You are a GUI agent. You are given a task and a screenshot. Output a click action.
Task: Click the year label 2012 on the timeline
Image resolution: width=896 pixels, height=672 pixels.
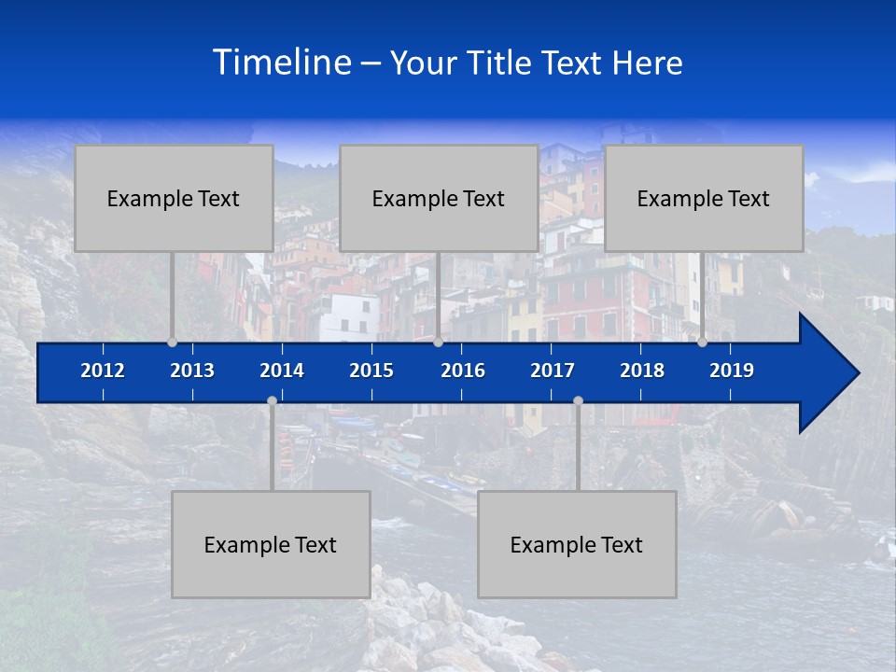[x=103, y=371]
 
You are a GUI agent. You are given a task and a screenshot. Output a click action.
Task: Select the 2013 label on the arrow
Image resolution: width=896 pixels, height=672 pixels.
[x=192, y=371]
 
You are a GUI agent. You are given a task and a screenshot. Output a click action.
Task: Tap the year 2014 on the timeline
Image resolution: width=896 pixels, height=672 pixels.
[x=282, y=371]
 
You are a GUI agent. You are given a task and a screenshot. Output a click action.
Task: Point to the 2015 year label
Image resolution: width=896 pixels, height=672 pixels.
[x=371, y=371]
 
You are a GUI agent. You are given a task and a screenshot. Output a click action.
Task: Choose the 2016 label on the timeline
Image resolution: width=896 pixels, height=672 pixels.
[x=463, y=371]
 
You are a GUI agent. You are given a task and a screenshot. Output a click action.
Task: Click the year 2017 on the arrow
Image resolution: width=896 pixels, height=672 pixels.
[x=553, y=371]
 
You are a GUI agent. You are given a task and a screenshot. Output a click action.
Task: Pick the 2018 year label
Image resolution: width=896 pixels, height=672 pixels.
[x=642, y=371]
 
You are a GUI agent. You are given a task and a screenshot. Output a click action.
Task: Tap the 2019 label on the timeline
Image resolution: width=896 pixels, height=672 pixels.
[x=732, y=371]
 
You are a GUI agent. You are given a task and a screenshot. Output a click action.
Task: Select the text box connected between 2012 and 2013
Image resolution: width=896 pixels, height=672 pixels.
[x=174, y=198]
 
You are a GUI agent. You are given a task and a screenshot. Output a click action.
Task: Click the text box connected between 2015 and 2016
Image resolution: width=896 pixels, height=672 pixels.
[x=439, y=198]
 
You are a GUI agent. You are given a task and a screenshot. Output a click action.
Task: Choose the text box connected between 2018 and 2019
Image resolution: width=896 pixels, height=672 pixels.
[x=704, y=198]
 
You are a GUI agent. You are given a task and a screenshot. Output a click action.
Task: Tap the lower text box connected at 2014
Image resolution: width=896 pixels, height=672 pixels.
[x=271, y=544]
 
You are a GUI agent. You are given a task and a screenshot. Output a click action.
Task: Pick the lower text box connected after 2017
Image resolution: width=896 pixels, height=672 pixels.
[x=577, y=544]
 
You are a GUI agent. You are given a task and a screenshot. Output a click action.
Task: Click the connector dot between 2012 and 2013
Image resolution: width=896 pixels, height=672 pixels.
[x=172, y=343]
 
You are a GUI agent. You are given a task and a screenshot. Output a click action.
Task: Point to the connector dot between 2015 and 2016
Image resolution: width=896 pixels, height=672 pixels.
[x=438, y=343]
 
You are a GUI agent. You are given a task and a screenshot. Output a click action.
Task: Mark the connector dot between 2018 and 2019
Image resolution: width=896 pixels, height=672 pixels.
[x=702, y=343]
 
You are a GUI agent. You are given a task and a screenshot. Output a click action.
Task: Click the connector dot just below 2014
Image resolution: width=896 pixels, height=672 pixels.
[x=272, y=401]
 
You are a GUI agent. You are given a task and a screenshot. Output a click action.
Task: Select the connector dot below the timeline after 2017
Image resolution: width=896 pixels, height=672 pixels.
[x=578, y=401]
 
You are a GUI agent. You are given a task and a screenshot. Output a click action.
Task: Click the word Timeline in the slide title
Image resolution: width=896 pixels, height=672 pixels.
[x=282, y=62]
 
